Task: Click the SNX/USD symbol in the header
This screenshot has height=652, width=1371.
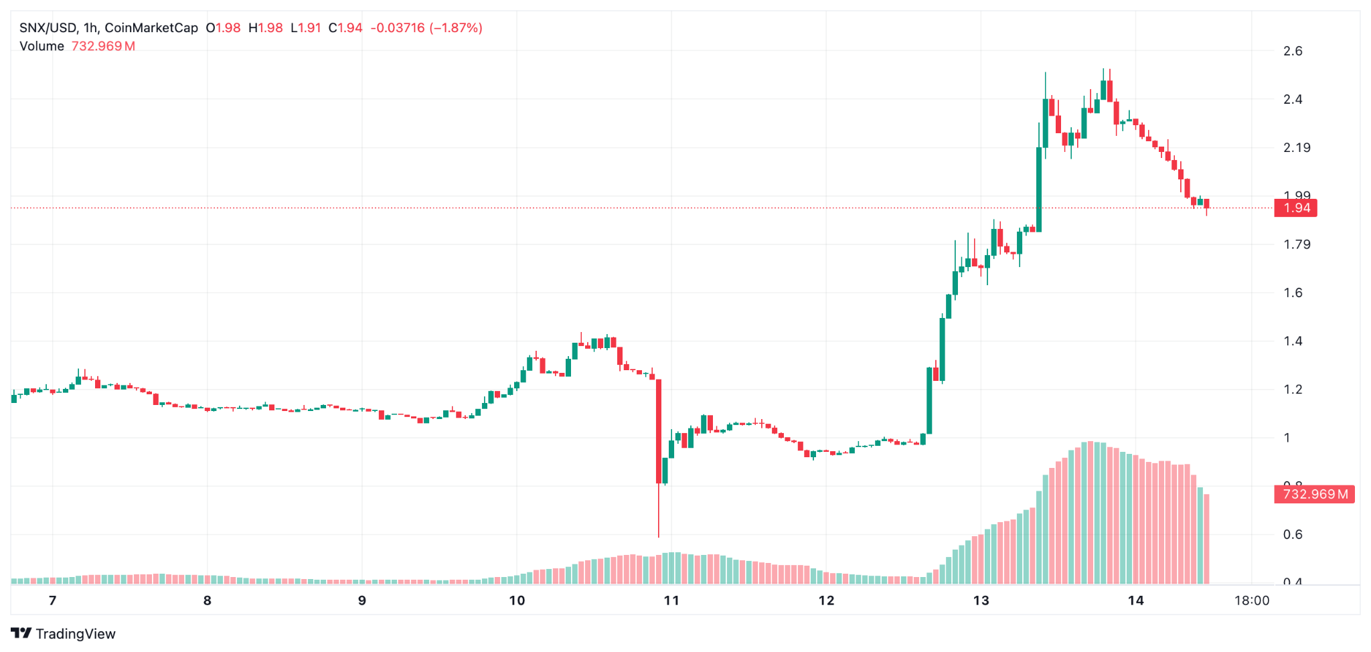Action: click(x=48, y=28)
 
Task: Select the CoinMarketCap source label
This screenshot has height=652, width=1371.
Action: click(x=151, y=28)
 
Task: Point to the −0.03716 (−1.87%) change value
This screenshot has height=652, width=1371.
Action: click(x=426, y=28)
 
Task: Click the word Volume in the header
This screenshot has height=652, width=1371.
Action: click(x=42, y=46)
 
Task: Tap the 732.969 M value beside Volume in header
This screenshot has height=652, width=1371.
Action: click(x=103, y=46)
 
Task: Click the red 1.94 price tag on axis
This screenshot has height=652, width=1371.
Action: click(x=1295, y=208)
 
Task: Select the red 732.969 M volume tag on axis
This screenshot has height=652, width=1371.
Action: click(x=1313, y=495)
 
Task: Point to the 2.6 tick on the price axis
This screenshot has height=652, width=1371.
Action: click(x=1293, y=51)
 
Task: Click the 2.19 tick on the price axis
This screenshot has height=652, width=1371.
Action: click(x=1296, y=147)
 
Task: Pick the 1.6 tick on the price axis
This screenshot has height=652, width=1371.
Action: click(x=1293, y=293)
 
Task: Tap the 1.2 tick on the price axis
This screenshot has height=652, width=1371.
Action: click(x=1293, y=390)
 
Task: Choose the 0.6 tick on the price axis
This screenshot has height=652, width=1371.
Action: click(x=1293, y=534)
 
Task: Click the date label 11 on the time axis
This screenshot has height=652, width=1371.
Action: click(x=671, y=600)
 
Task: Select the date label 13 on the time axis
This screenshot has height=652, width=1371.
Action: click(x=981, y=600)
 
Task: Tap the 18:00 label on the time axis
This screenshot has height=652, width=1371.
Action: click(x=1251, y=600)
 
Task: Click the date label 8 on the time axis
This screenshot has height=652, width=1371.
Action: click(x=208, y=600)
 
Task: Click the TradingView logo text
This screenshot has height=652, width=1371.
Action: click(x=75, y=634)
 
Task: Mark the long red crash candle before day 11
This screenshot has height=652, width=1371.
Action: click(x=659, y=432)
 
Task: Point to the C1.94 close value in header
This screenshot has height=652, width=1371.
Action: click(x=345, y=28)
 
